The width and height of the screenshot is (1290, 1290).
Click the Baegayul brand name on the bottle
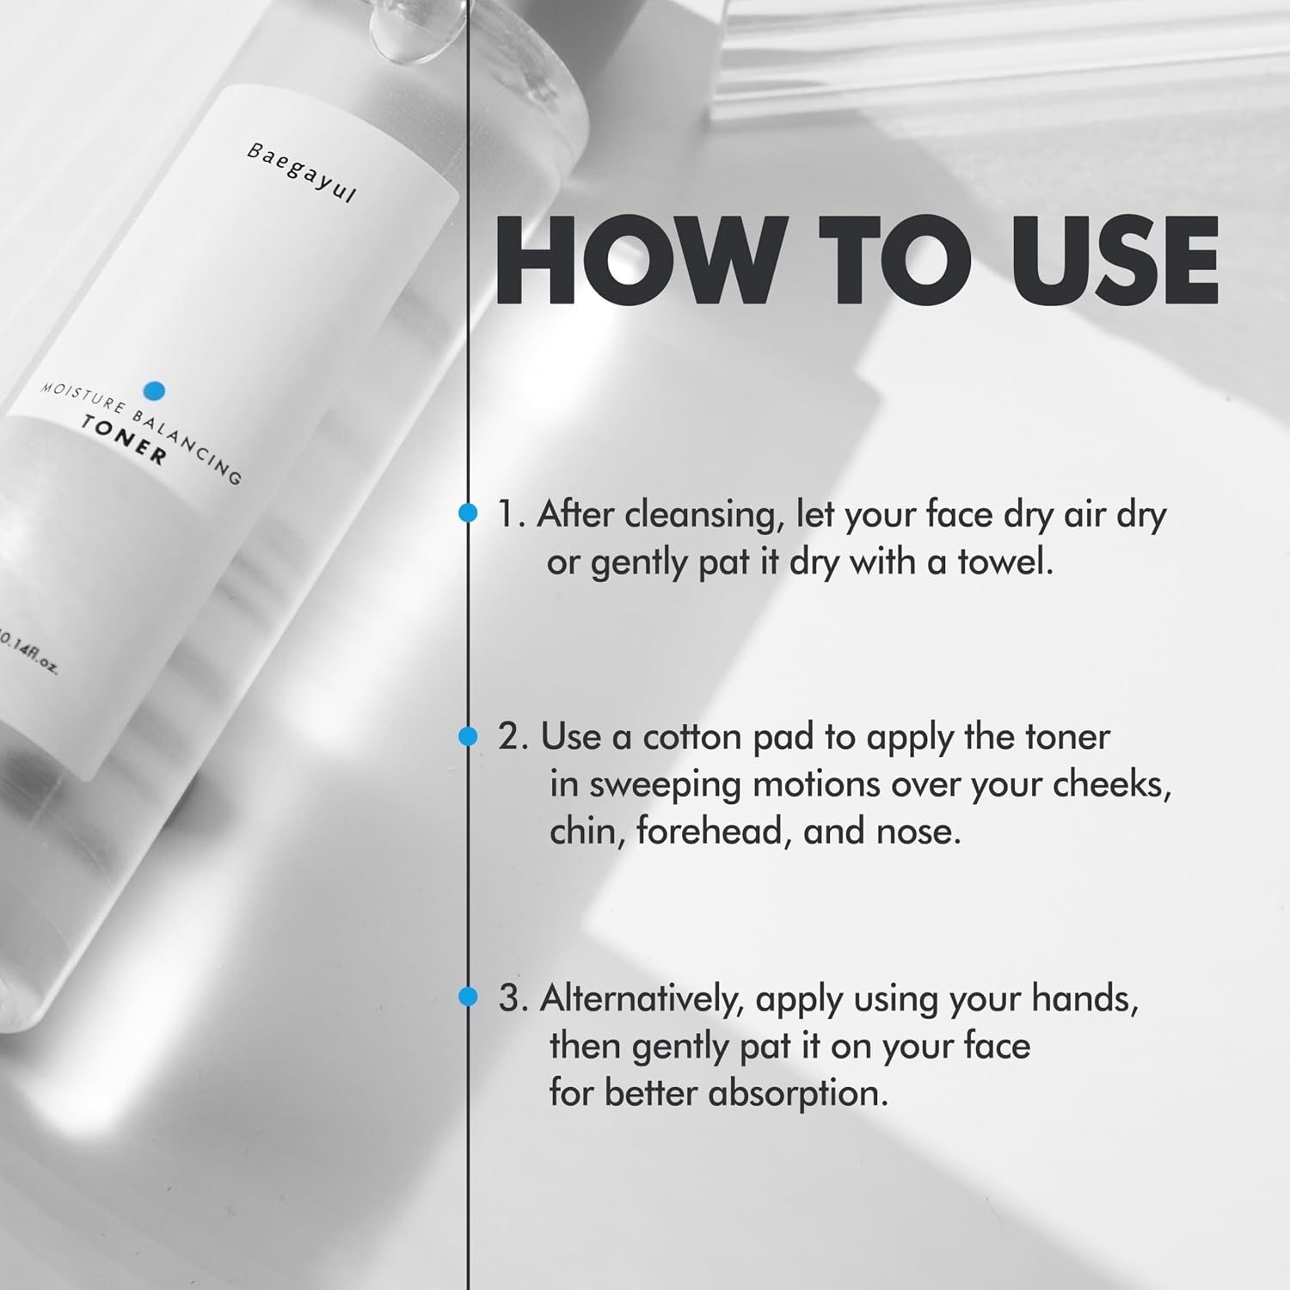pyautogui.click(x=301, y=172)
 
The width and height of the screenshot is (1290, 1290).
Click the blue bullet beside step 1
pyautogui.click(x=467, y=513)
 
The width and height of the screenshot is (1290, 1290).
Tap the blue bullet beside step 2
pyautogui.click(x=467, y=736)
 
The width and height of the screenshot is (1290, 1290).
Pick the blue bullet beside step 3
pyautogui.click(x=467, y=997)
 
